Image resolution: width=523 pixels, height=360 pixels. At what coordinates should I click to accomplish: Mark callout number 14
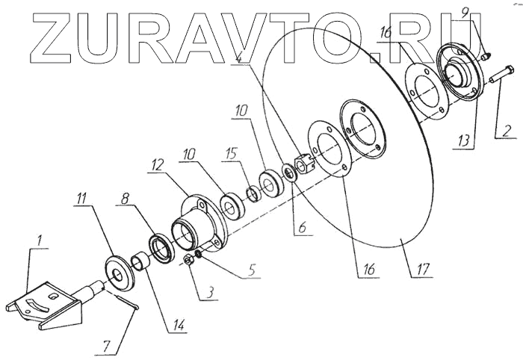pos(178,326)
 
